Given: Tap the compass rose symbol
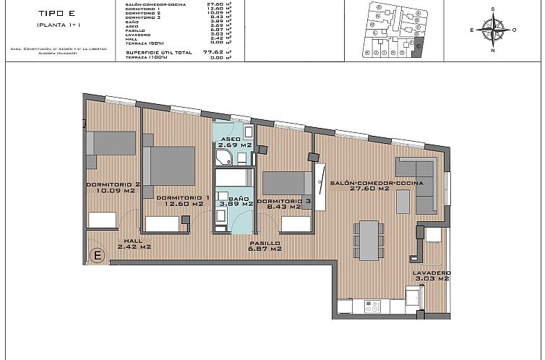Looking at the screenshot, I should point(493,30).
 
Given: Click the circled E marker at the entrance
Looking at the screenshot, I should point(98,254).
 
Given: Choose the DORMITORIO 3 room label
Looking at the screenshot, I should point(284,200).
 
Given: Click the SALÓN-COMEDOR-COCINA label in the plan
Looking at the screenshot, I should point(360,184).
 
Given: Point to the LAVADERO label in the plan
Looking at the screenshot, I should point(431,273).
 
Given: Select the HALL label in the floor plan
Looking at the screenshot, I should point(133,241).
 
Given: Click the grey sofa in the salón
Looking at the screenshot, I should point(416,186).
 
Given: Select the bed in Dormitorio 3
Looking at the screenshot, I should point(286,183).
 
